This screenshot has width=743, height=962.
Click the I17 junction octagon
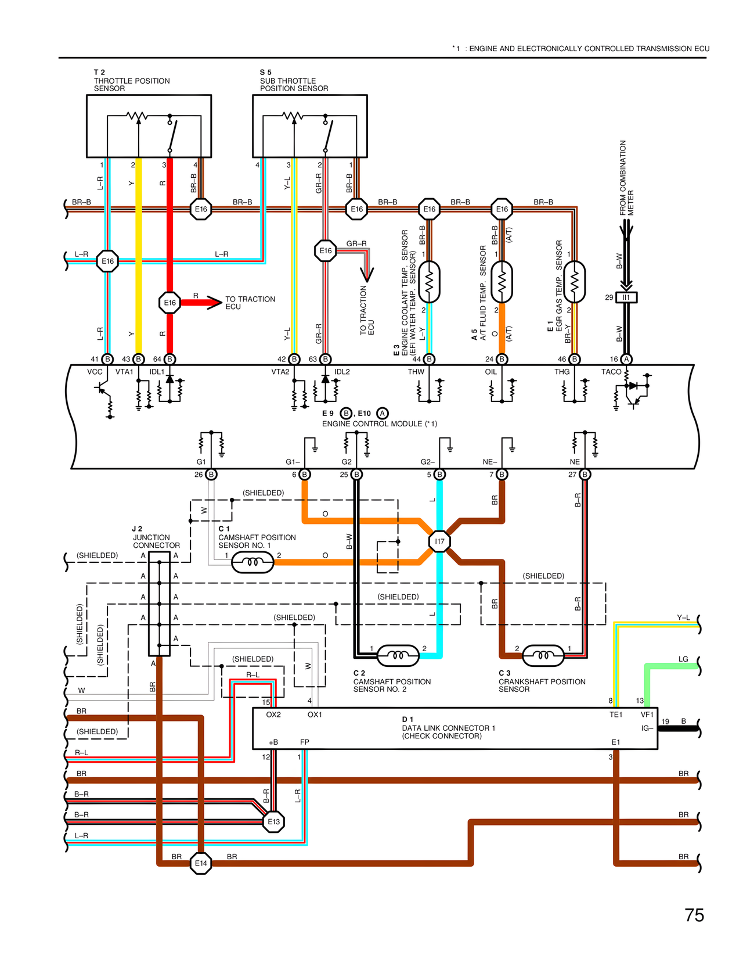(439, 541)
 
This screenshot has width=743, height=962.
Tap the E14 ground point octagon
(201, 863)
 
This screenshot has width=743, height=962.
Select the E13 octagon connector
(273, 821)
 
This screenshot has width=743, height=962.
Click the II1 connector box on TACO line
(626, 297)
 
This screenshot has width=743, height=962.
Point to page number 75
(694, 916)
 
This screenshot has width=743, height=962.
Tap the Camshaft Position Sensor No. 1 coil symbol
(253, 562)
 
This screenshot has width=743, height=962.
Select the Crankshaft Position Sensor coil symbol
(543, 656)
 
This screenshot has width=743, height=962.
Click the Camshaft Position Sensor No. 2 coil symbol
(398, 656)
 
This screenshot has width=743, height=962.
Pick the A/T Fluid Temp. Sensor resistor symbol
(502, 282)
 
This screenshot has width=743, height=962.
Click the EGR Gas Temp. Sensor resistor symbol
(575, 282)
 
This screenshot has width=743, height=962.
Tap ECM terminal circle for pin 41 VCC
(107, 359)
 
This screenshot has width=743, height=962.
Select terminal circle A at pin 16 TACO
(626, 359)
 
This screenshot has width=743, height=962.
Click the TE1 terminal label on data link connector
(616, 715)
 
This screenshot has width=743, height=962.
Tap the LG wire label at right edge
(683, 659)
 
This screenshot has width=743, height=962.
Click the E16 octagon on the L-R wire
(107, 261)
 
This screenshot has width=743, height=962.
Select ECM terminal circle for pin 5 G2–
(440, 475)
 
